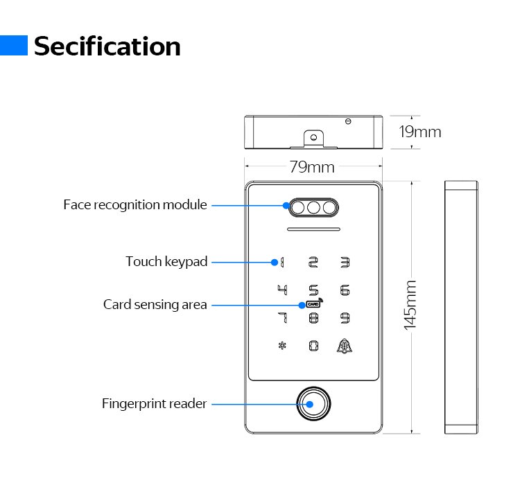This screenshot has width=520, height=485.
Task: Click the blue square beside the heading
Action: (x=14, y=46)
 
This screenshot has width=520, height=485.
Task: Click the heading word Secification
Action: (x=107, y=46)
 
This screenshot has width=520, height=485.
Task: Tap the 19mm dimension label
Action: (x=420, y=132)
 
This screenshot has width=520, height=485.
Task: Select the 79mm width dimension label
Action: (x=312, y=167)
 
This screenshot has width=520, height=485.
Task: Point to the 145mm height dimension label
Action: (x=410, y=306)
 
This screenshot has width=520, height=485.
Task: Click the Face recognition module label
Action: (x=135, y=205)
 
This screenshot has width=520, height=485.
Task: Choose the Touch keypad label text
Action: (x=166, y=262)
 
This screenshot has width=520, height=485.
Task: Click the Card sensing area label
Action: (x=155, y=305)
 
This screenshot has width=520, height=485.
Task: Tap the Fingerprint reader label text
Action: (x=154, y=403)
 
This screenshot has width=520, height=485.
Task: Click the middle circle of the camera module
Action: (x=313, y=208)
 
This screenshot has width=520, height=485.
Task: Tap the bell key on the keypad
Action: (x=345, y=346)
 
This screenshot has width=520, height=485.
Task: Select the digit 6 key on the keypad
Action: (x=345, y=290)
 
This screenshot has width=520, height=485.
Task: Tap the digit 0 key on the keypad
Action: (x=313, y=346)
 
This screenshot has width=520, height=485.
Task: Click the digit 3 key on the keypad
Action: (x=345, y=262)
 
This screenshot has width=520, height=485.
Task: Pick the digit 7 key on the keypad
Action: (x=282, y=318)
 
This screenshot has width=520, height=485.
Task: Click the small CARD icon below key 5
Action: (x=314, y=303)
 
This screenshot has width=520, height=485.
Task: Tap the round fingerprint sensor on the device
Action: (x=313, y=404)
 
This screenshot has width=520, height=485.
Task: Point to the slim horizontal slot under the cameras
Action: (x=313, y=229)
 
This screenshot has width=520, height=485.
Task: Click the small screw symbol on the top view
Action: (x=348, y=121)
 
